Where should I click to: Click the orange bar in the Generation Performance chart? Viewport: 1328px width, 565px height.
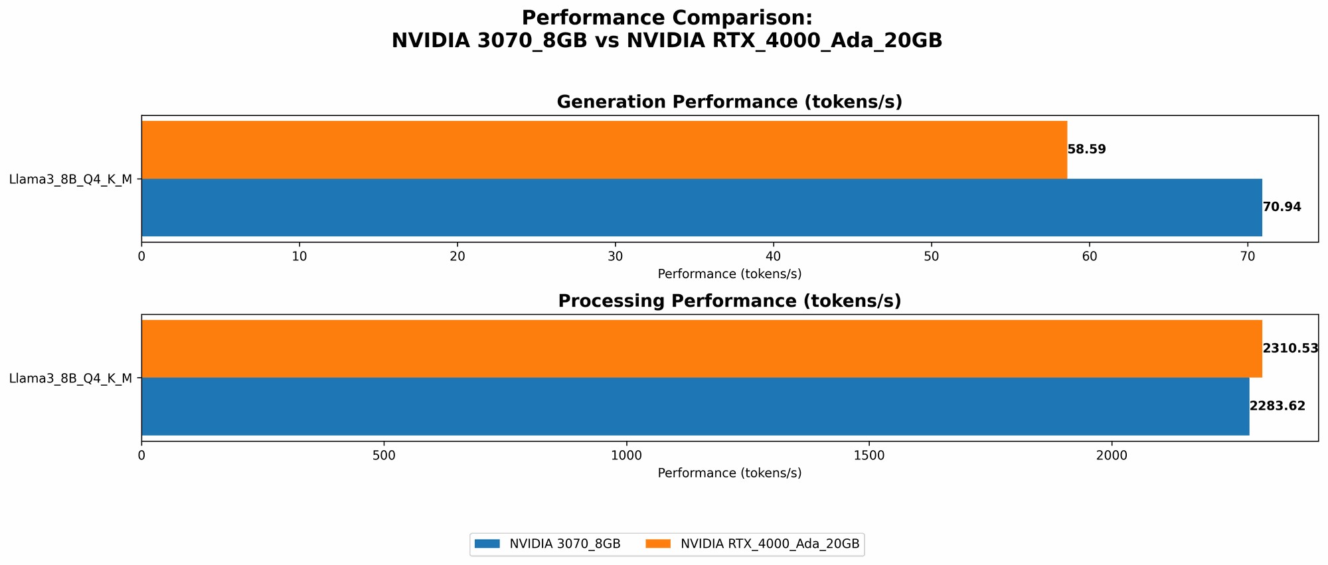tap(604, 149)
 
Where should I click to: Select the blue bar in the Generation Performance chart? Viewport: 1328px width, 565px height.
tap(701, 207)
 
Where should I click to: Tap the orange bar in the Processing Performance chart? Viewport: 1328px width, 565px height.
tap(701, 349)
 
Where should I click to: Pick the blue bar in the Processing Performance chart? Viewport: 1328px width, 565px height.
tap(695, 406)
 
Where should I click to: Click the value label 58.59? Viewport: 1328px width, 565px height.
tap(1087, 149)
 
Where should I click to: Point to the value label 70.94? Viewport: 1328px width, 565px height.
tap(1282, 207)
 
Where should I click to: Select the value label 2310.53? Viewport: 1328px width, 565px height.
tap(1289, 349)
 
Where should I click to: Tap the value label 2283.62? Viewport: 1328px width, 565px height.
tap(1277, 406)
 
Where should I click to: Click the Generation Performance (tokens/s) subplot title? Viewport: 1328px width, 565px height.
tap(729, 102)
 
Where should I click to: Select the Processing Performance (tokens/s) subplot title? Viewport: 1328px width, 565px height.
tap(729, 301)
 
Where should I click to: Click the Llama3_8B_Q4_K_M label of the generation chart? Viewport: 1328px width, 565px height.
tap(70, 179)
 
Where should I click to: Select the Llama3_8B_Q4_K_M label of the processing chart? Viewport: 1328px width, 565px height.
tap(70, 378)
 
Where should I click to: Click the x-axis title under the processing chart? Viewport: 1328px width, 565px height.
tap(729, 473)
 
